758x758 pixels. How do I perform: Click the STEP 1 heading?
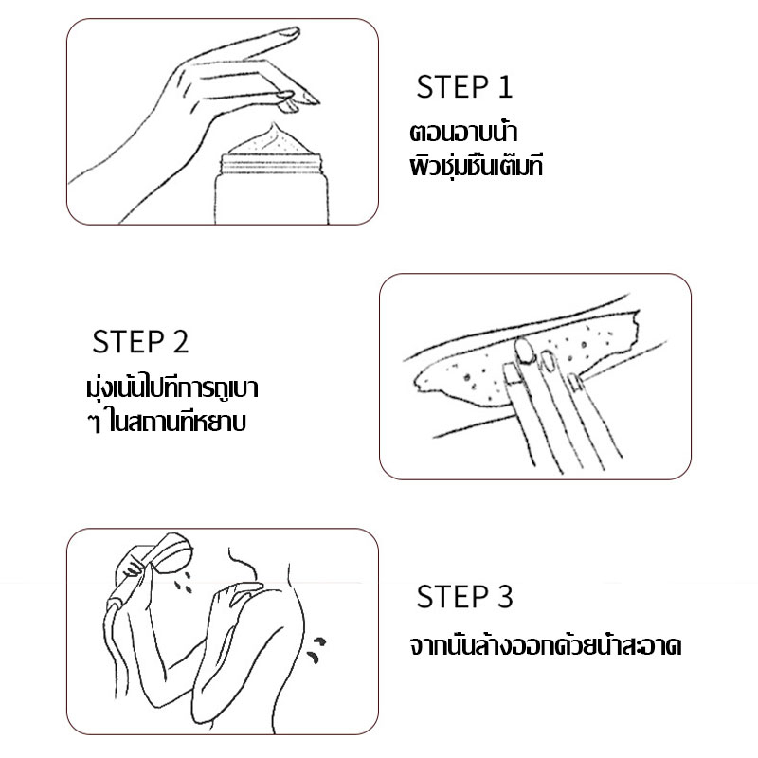pyautogui.click(x=463, y=87)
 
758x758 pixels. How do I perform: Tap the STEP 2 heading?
pyautogui.click(x=140, y=342)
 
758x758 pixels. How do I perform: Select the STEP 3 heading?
pyautogui.click(x=464, y=597)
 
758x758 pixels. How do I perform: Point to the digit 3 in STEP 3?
pyautogui.click(x=505, y=597)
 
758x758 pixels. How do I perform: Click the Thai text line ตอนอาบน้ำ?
pyautogui.click(x=463, y=132)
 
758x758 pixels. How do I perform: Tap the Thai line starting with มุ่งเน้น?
pyautogui.click(x=172, y=388)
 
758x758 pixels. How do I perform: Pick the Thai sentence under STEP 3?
pyautogui.click(x=546, y=645)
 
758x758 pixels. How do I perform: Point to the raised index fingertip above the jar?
pyautogui.click(x=290, y=33)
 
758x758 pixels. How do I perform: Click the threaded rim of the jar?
pyautogui.click(x=271, y=164)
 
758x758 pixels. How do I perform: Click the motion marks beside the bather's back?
pyautogui.click(x=316, y=649)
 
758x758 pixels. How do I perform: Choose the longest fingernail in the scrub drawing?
pyautogui.click(x=524, y=351)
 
